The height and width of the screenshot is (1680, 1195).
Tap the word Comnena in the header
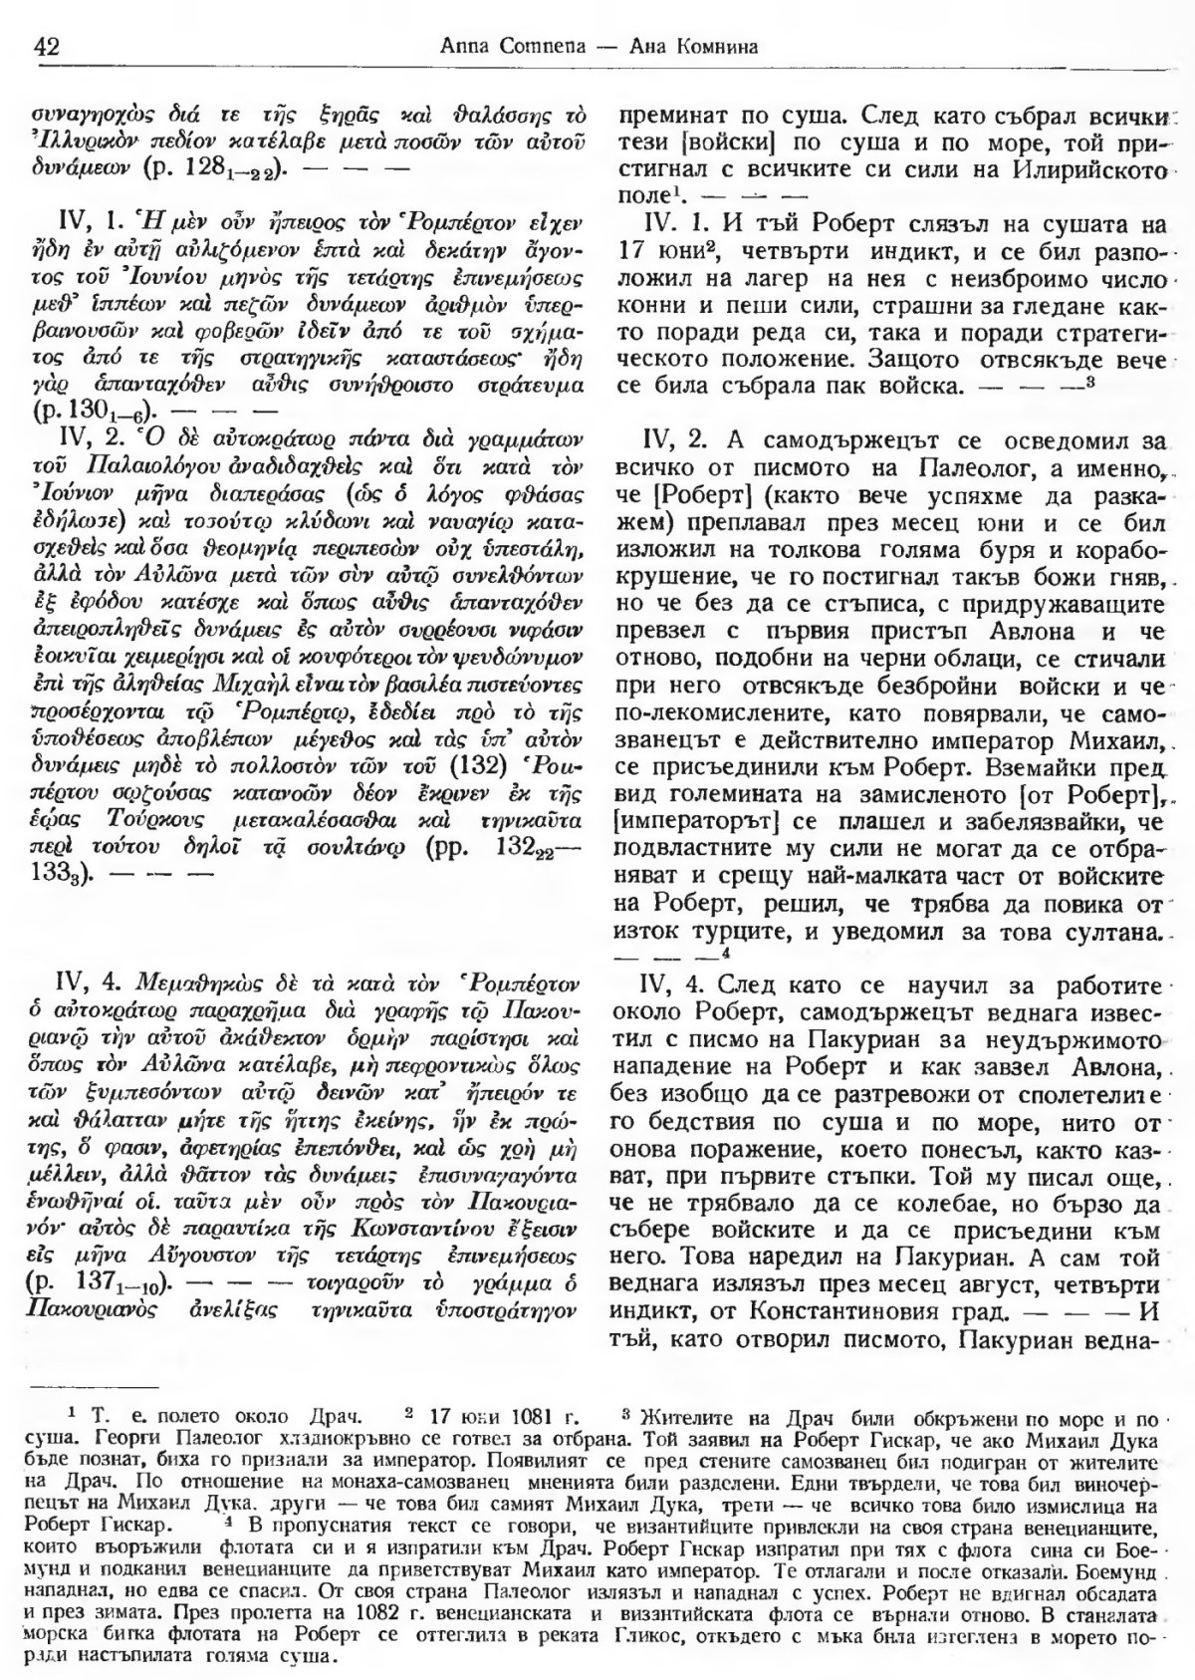click(517, 46)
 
